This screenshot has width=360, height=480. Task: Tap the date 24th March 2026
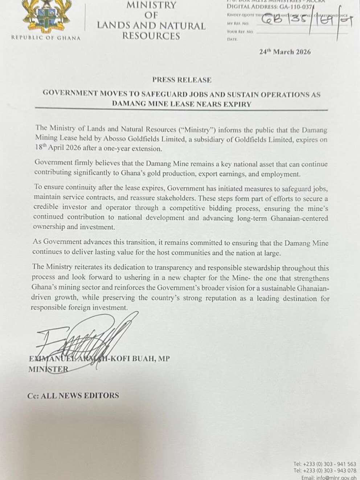click(x=285, y=52)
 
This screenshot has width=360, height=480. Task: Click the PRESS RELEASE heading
click(x=181, y=80)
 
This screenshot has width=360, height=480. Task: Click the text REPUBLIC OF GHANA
click(x=46, y=38)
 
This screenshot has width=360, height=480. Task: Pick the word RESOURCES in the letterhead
click(x=151, y=36)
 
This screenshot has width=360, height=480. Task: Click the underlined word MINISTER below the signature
click(x=48, y=369)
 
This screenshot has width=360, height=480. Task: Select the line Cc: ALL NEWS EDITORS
click(x=73, y=395)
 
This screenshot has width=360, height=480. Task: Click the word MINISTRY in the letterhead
click(x=151, y=5)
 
